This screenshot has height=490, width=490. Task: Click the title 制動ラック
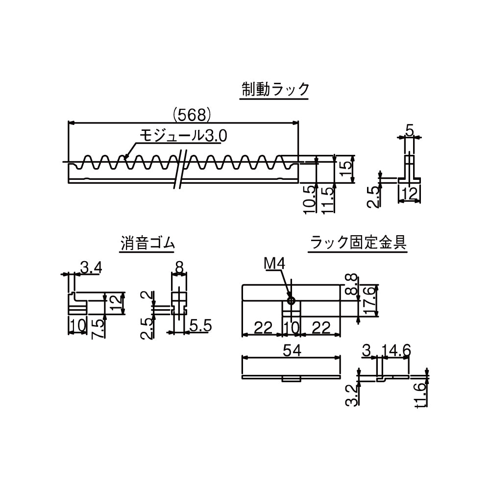pyautogui.click(x=275, y=90)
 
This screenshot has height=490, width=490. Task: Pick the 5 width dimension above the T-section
pyautogui.click(x=410, y=130)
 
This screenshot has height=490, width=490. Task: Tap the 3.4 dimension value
pyautogui.click(x=91, y=268)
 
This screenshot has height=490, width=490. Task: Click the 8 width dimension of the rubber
pyautogui.click(x=179, y=268)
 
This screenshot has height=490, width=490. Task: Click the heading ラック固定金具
pyautogui.click(x=357, y=243)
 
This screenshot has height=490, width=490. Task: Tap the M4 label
pyautogui.click(x=274, y=265)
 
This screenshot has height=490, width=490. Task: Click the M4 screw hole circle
pyautogui.click(x=291, y=300)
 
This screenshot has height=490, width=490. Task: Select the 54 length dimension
pyautogui.click(x=291, y=350)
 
